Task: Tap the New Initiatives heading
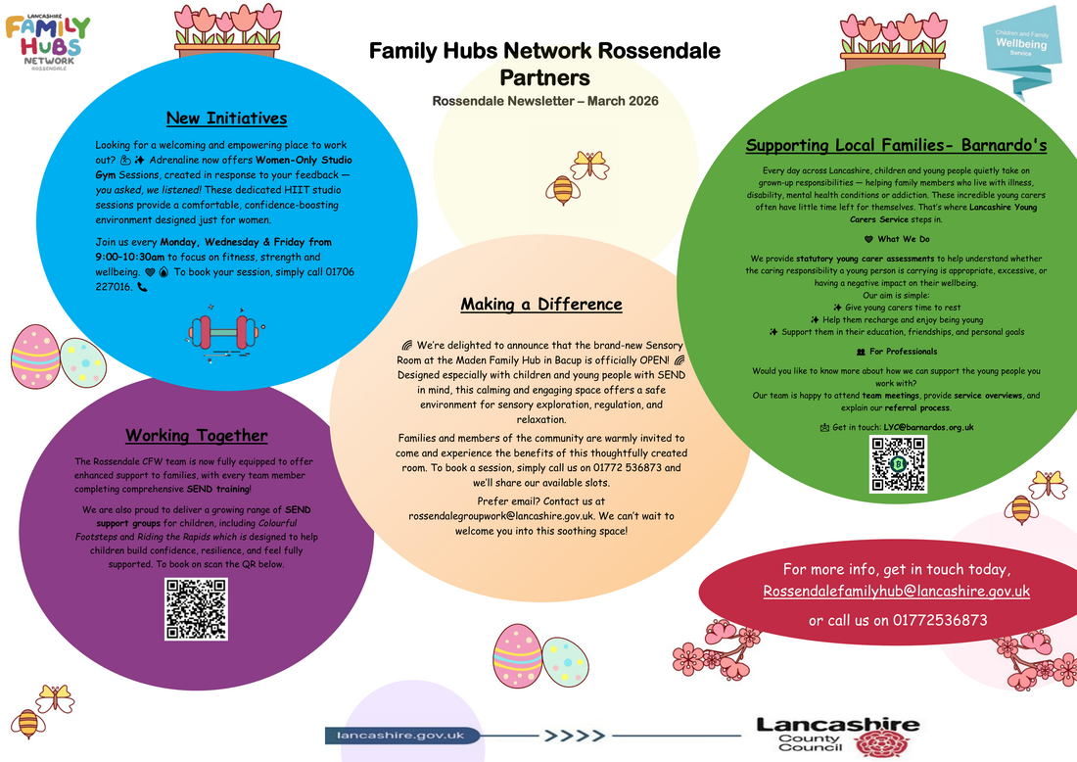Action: coord(226,119)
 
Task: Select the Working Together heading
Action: coord(196,436)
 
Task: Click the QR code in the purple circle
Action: coord(196,609)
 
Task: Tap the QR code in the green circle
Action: coord(898,463)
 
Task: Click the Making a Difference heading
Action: coord(541,305)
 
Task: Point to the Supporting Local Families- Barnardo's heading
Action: coord(896,146)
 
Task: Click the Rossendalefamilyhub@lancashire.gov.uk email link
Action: coord(896,592)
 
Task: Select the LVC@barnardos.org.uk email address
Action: coord(928,427)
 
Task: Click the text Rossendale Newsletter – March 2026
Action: coord(545,101)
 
